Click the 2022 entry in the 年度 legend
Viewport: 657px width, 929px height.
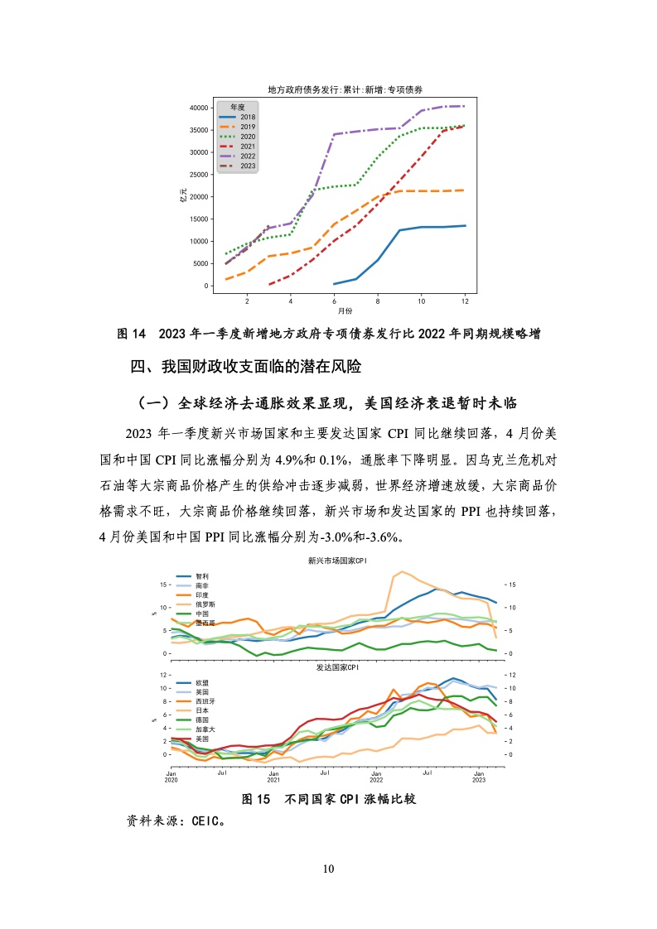(x=237, y=156)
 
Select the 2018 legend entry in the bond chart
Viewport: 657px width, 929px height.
(x=237, y=118)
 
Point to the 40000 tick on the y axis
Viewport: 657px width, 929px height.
(x=199, y=108)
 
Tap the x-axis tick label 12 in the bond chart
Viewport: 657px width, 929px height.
(x=465, y=301)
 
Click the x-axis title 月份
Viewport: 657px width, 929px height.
(x=345, y=310)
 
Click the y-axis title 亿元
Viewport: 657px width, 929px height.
(x=183, y=195)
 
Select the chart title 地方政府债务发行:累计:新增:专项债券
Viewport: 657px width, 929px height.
(x=345, y=89)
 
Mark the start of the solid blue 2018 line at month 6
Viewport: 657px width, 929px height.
(x=335, y=284)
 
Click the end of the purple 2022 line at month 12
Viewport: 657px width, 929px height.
(x=465, y=106)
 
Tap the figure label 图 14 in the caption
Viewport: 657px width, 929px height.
(x=131, y=334)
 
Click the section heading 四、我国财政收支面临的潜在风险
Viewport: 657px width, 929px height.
(x=245, y=367)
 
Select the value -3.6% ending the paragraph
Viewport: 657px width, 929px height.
(x=382, y=537)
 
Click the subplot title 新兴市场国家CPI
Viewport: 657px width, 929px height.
(x=337, y=561)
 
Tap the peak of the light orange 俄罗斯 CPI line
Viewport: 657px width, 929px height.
(x=402, y=572)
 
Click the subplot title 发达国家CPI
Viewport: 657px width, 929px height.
(x=337, y=667)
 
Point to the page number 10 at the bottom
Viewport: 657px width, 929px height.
(x=328, y=869)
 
